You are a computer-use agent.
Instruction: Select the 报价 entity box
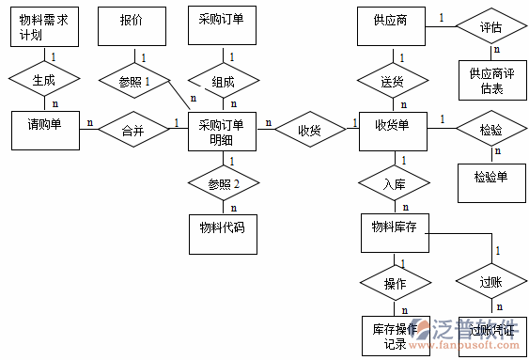132,26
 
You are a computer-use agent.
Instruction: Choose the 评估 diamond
490,26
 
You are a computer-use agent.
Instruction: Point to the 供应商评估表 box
490,81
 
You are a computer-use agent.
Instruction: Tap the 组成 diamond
223,82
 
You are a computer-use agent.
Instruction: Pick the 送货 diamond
392,82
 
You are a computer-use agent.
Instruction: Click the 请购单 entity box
44,130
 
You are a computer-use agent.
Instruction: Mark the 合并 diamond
132,131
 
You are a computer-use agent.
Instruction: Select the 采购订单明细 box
223,132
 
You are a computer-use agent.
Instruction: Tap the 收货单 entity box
392,131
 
